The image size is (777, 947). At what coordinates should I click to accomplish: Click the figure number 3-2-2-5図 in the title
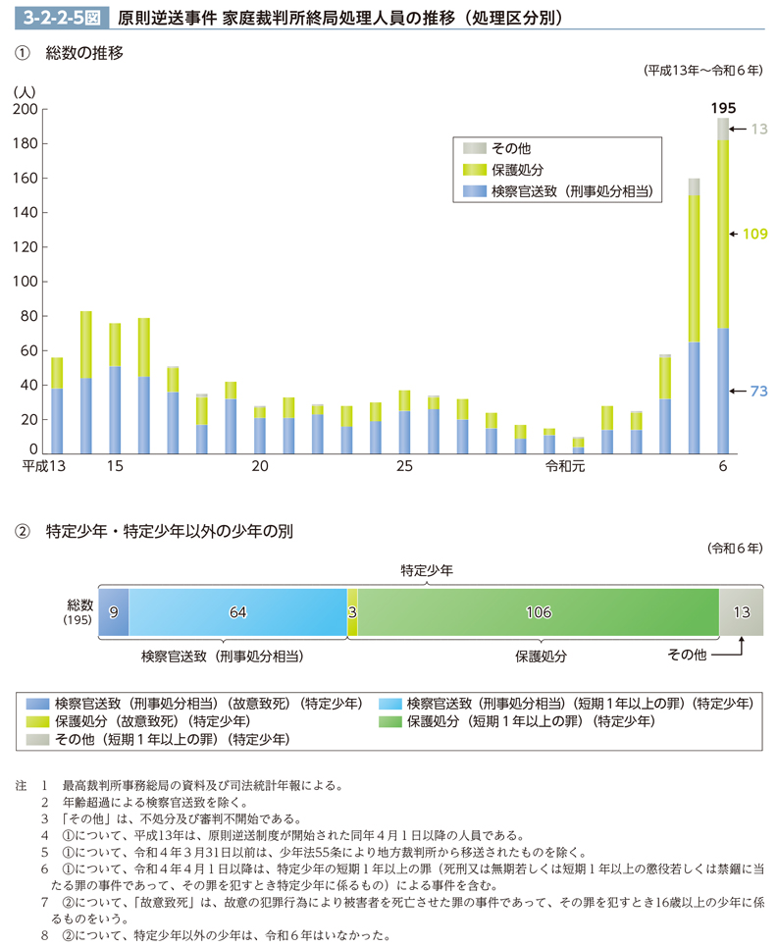[50, 17]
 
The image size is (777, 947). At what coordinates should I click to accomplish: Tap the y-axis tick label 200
[25, 110]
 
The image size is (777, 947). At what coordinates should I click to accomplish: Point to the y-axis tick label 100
[25, 283]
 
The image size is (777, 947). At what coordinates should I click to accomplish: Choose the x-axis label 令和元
[563, 467]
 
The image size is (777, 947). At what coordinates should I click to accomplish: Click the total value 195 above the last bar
[723, 107]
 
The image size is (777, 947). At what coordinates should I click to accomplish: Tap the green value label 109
[756, 235]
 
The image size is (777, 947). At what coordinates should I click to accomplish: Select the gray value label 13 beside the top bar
[758, 129]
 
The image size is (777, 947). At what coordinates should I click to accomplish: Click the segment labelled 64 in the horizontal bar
[237, 612]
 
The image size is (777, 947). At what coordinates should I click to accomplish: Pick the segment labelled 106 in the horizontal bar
[538, 612]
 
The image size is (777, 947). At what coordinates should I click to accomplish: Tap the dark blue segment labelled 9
[113, 612]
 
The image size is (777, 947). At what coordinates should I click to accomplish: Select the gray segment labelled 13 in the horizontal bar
[742, 612]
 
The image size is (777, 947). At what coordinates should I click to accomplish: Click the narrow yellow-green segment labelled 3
[352, 612]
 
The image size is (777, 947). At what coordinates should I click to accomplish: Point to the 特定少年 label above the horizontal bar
[427, 569]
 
